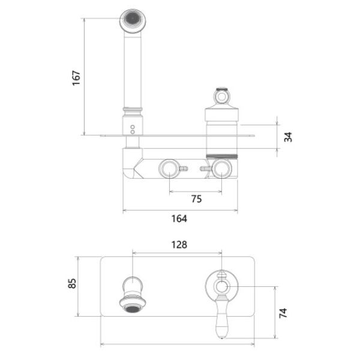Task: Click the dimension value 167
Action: pos(76,78)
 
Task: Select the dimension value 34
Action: pos(288,137)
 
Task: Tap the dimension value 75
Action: pos(197,199)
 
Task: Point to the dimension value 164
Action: pos(179,218)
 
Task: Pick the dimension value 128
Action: pos(179,245)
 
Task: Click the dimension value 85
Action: pos(72,283)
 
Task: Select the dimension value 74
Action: pos(283,313)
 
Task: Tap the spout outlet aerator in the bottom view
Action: pos(133,309)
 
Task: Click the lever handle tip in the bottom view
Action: pos(222,337)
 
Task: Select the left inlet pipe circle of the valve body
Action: pos(169,169)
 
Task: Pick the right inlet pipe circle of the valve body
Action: pos(221,169)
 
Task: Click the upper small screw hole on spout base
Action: pos(133,127)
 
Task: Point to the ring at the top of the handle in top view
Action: pos(222,97)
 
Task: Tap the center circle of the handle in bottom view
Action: pos(222,287)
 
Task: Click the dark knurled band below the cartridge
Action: pos(222,157)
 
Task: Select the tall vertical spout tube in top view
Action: pos(133,70)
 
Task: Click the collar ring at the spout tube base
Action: pos(133,109)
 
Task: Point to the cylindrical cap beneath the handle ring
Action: pos(222,114)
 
